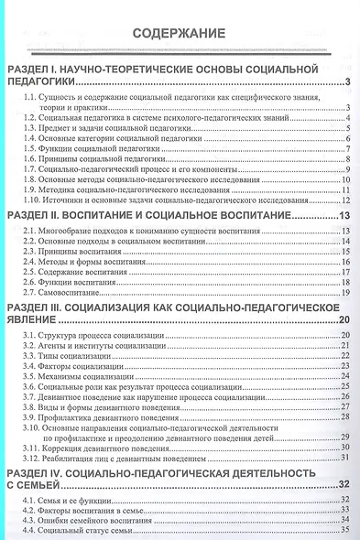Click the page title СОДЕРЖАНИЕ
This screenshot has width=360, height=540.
179,33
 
